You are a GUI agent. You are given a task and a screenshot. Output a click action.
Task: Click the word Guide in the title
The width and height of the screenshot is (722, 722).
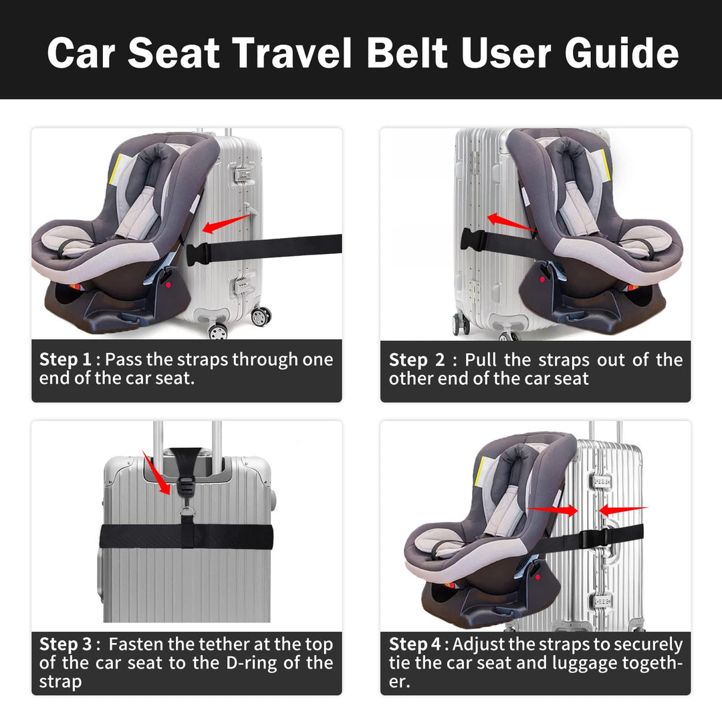pyautogui.click(x=622, y=53)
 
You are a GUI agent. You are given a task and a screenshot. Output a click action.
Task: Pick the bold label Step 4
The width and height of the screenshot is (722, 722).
pyautogui.click(x=415, y=644)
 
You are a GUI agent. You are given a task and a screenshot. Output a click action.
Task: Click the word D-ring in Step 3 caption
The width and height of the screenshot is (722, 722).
pyautogui.click(x=251, y=663)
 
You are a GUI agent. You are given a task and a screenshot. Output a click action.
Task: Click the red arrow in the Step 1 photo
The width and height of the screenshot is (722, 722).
pyautogui.click(x=227, y=223)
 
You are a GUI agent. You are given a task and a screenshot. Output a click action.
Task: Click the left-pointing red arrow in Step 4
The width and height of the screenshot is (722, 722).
pyautogui.click(x=623, y=509)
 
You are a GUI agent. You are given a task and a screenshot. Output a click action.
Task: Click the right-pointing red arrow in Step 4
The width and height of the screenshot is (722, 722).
pyautogui.click(x=552, y=509)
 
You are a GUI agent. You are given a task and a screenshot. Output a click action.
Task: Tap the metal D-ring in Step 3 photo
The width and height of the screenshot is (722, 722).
pyautogui.click(x=187, y=511)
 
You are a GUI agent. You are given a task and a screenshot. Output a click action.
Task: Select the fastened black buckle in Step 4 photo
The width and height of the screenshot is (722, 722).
pyautogui.click(x=594, y=538)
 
